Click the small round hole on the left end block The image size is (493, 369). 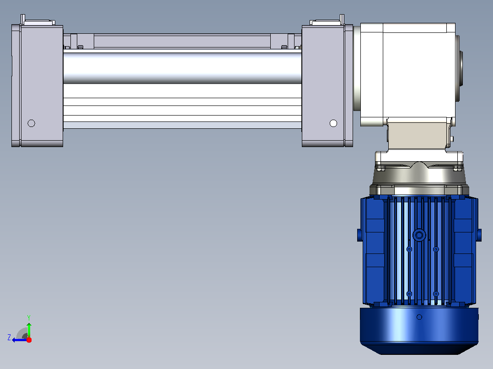click(31, 123)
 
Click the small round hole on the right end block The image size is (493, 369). click(333, 123)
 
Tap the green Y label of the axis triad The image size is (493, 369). click(29, 317)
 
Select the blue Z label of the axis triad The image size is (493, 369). click(9, 337)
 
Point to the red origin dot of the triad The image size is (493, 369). click(29, 340)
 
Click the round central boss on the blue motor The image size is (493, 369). click(419, 235)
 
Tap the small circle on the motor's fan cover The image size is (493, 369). click(419, 317)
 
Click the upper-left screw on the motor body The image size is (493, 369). click(409, 249)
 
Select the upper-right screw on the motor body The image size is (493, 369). click(436, 249)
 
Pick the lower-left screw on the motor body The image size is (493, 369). click(409, 294)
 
